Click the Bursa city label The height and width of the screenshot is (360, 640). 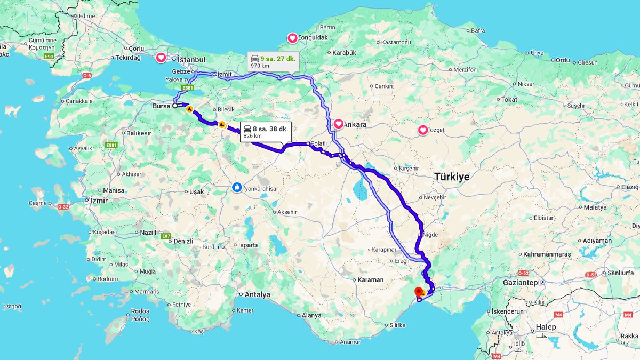click(161, 106)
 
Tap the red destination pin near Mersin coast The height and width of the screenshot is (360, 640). click(419, 291)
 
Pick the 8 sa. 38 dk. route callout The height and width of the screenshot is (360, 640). click(266, 132)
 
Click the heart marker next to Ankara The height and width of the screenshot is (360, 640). click(338, 124)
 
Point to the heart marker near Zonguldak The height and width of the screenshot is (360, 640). click(292, 38)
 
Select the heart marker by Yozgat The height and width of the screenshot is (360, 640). click(423, 130)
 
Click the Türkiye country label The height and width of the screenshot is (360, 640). click(451, 177)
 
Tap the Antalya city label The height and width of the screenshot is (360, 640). click(257, 294)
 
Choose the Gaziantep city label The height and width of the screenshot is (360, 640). click(520, 282)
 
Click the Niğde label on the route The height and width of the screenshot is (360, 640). click(430, 235)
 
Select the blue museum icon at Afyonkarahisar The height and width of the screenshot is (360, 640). click(236, 187)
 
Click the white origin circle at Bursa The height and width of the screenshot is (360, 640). click(175, 106)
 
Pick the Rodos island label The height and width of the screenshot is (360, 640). click(140, 311)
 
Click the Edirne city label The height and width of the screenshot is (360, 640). click(86, 16)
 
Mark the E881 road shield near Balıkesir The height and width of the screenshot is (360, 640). click(111, 145)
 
